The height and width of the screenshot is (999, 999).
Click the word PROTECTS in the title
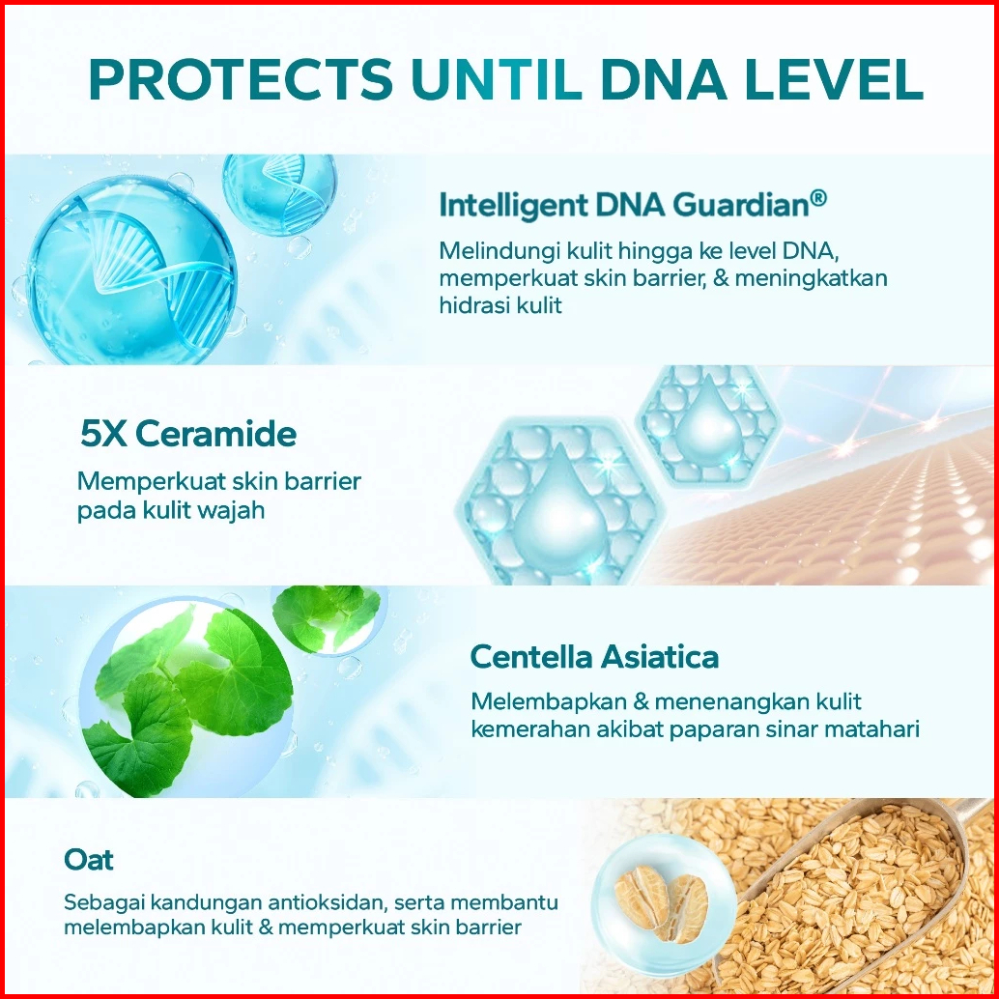coord(242,79)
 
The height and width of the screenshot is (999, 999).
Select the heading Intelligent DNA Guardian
coord(633,205)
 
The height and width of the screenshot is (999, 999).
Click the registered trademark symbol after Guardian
coord(818,198)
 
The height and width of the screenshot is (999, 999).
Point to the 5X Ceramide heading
coord(188,434)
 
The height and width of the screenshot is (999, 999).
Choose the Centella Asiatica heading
coord(594,656)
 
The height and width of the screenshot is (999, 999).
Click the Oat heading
coord(89,860)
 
